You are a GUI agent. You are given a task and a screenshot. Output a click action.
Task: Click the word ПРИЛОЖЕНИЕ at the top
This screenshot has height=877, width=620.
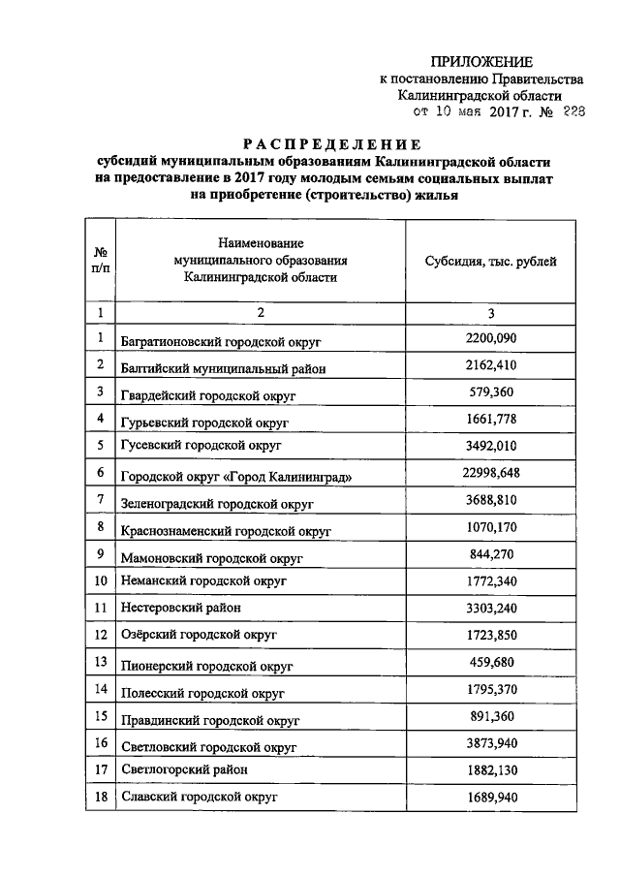pyautogui.click(x=480, y=62)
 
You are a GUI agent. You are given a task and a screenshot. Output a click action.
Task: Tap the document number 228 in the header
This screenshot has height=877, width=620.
pyautogui.click(x=573, y=112)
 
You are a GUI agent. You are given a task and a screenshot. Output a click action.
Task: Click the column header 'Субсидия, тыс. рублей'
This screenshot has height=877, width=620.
pyautogui.click(x=491, y=262)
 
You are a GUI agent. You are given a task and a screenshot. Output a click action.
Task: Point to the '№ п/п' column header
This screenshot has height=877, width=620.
pyautogui.click(x=100, y=262)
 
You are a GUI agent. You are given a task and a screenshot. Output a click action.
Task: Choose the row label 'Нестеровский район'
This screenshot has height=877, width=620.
pyautogui.click(x=181, y=608)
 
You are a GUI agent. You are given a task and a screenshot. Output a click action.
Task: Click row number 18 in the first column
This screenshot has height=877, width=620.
pyautogui.click(x=100, y=796)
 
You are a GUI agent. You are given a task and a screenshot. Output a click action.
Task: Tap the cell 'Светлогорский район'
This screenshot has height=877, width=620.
pyautogui.click(x=184, y=769)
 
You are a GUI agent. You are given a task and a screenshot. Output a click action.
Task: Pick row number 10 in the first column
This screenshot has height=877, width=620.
pyautogui.click(x=100, y=580)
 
